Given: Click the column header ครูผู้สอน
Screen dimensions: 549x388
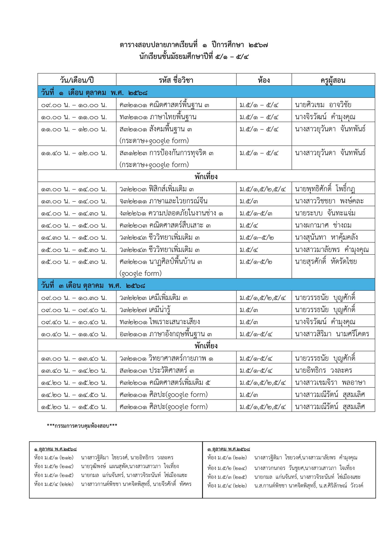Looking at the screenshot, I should [333, 80].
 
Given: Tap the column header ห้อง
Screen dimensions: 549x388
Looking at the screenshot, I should [264, 80].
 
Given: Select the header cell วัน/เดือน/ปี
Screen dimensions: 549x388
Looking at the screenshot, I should [77, 80].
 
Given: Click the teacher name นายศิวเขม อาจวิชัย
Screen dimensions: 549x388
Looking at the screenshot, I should [323, 105].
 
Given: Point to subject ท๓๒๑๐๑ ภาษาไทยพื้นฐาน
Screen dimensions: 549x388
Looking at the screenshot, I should [158, 117].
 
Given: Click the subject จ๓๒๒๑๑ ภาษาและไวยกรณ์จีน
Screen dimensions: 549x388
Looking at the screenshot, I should [163, 201].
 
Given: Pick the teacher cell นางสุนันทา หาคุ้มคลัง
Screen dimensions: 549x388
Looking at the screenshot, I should [326, 238].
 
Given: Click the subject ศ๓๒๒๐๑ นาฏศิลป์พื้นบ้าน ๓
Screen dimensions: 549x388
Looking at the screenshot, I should [161, 262].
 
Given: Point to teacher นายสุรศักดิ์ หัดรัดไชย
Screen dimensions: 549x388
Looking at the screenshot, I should [326, 262].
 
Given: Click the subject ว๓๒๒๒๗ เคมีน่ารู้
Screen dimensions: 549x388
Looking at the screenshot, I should [145, 310].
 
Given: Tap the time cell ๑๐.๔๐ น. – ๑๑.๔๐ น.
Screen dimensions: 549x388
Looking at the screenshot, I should [74, 334].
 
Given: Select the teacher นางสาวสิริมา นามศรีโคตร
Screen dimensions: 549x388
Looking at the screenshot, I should [332, 334].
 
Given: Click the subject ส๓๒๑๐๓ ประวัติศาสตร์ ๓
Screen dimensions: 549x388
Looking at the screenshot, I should [157, 371].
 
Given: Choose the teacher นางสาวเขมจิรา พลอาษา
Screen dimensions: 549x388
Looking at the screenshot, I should [330, 383].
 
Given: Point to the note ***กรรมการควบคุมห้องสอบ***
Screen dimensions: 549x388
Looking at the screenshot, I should [82, 426].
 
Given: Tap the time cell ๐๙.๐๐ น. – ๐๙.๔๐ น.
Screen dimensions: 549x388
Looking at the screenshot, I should [74, 310].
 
